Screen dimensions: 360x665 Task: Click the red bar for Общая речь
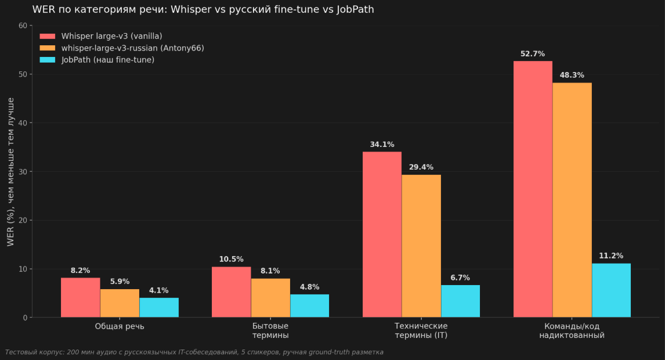pos(80,297)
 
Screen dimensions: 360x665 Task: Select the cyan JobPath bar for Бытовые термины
pos(309,305)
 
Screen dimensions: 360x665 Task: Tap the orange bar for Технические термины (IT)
pos(421,246)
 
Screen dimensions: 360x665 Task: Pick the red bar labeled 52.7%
pos(533,189)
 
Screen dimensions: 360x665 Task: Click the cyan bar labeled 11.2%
pos(611,290)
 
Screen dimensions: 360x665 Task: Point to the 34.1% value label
pos(382,145)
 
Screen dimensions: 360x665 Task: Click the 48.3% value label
pos(572,75)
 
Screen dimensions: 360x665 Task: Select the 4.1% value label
pos(158,291)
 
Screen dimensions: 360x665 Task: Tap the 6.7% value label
pos(460,278)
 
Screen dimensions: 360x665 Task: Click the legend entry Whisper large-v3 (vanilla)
pos(111,36)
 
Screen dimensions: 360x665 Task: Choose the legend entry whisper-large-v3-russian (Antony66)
pos(132,48)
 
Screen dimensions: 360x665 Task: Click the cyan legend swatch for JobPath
pos(47,60)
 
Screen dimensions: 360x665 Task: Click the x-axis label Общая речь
pos(120,326)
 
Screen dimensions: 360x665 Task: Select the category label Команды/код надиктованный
pos(572,330)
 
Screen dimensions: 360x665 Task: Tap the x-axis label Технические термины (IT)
pos(421,330)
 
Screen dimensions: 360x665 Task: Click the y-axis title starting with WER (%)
pos(11,172)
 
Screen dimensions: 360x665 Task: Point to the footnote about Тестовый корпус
pos(194,352)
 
